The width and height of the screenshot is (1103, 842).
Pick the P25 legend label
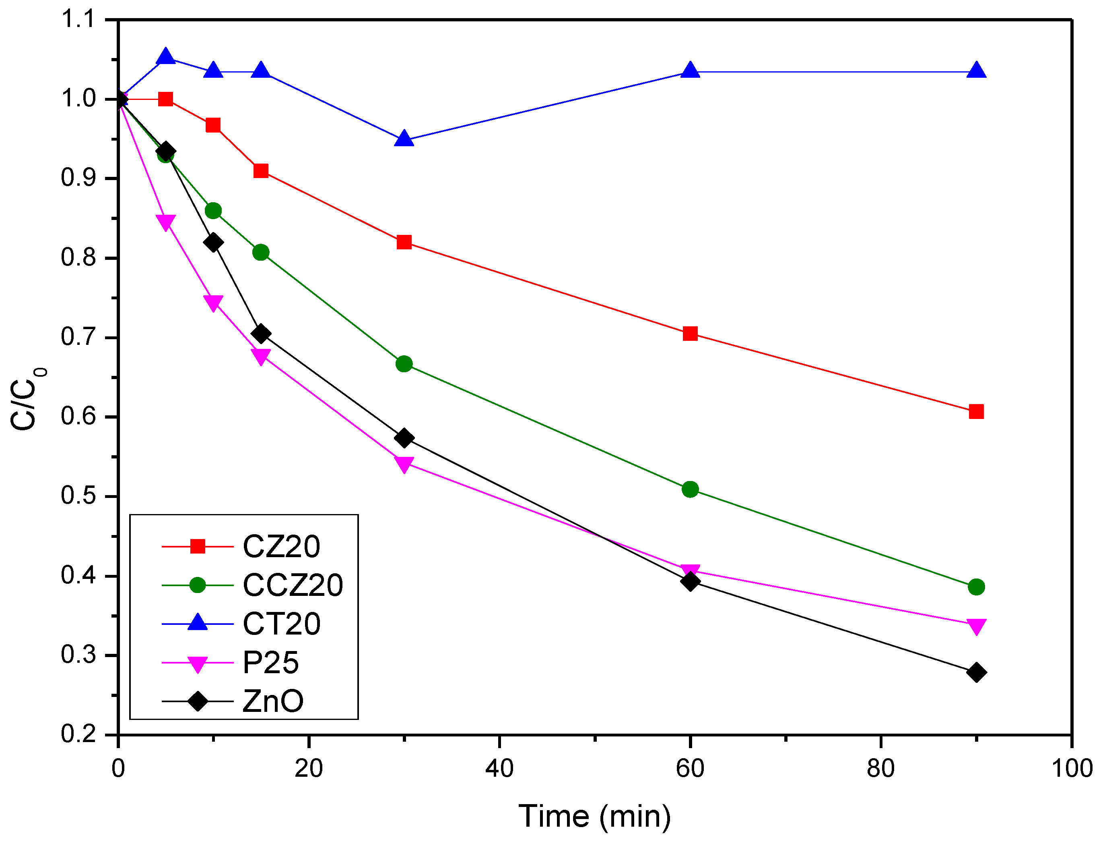point(270,663)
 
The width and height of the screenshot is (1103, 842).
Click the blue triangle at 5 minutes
point(166,57)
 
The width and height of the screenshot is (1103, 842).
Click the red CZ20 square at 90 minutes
point(976,411)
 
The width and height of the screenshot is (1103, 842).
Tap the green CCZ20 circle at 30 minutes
point(404,364)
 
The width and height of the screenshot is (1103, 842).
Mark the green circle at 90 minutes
point(976,587)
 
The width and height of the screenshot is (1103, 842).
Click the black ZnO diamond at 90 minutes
point(976,672)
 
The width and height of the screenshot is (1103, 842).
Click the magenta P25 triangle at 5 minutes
point(166,222)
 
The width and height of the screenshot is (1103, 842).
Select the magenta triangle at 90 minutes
point(976,626)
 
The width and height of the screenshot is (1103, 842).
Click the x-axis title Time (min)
point(594,817)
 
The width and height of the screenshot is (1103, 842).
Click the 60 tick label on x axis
point(690,768)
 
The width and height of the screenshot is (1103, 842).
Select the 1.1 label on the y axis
point(78,20)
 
